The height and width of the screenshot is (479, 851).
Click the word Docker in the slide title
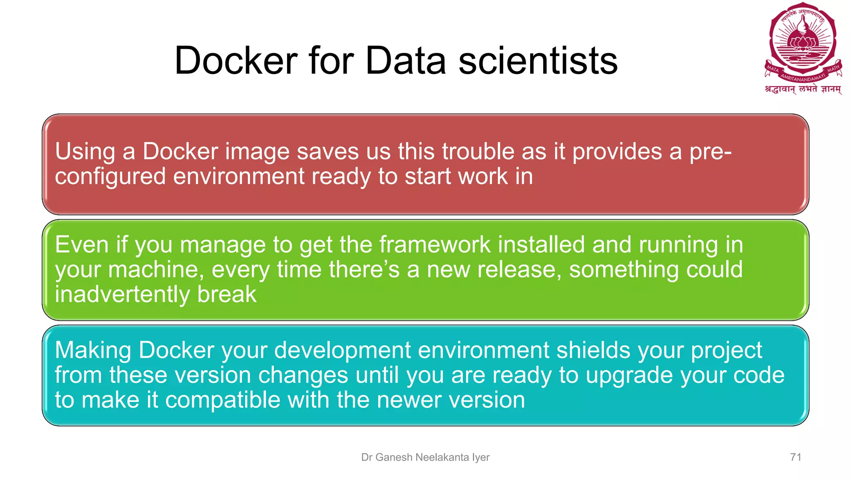pyautogui.click(x=236, y=61)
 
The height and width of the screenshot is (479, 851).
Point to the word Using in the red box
pyautogui.click(x=85, y=151)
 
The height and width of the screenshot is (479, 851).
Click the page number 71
pyautogui.click(x=795, y=457)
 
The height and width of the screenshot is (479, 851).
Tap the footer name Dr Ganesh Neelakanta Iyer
pyautogui.click(x=425, y=457)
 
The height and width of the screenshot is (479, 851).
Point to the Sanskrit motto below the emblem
pyautogui.click(x=803, y=89)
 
